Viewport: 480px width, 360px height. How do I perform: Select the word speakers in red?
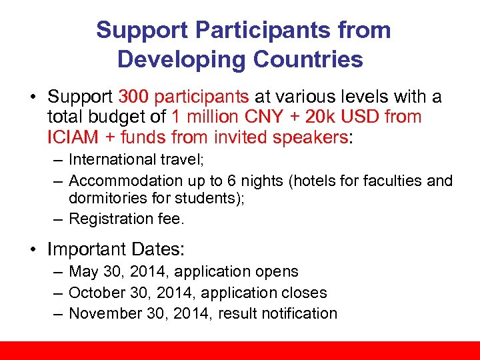pos(317,137)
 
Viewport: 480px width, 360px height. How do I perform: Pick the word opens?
pos(277,272)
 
